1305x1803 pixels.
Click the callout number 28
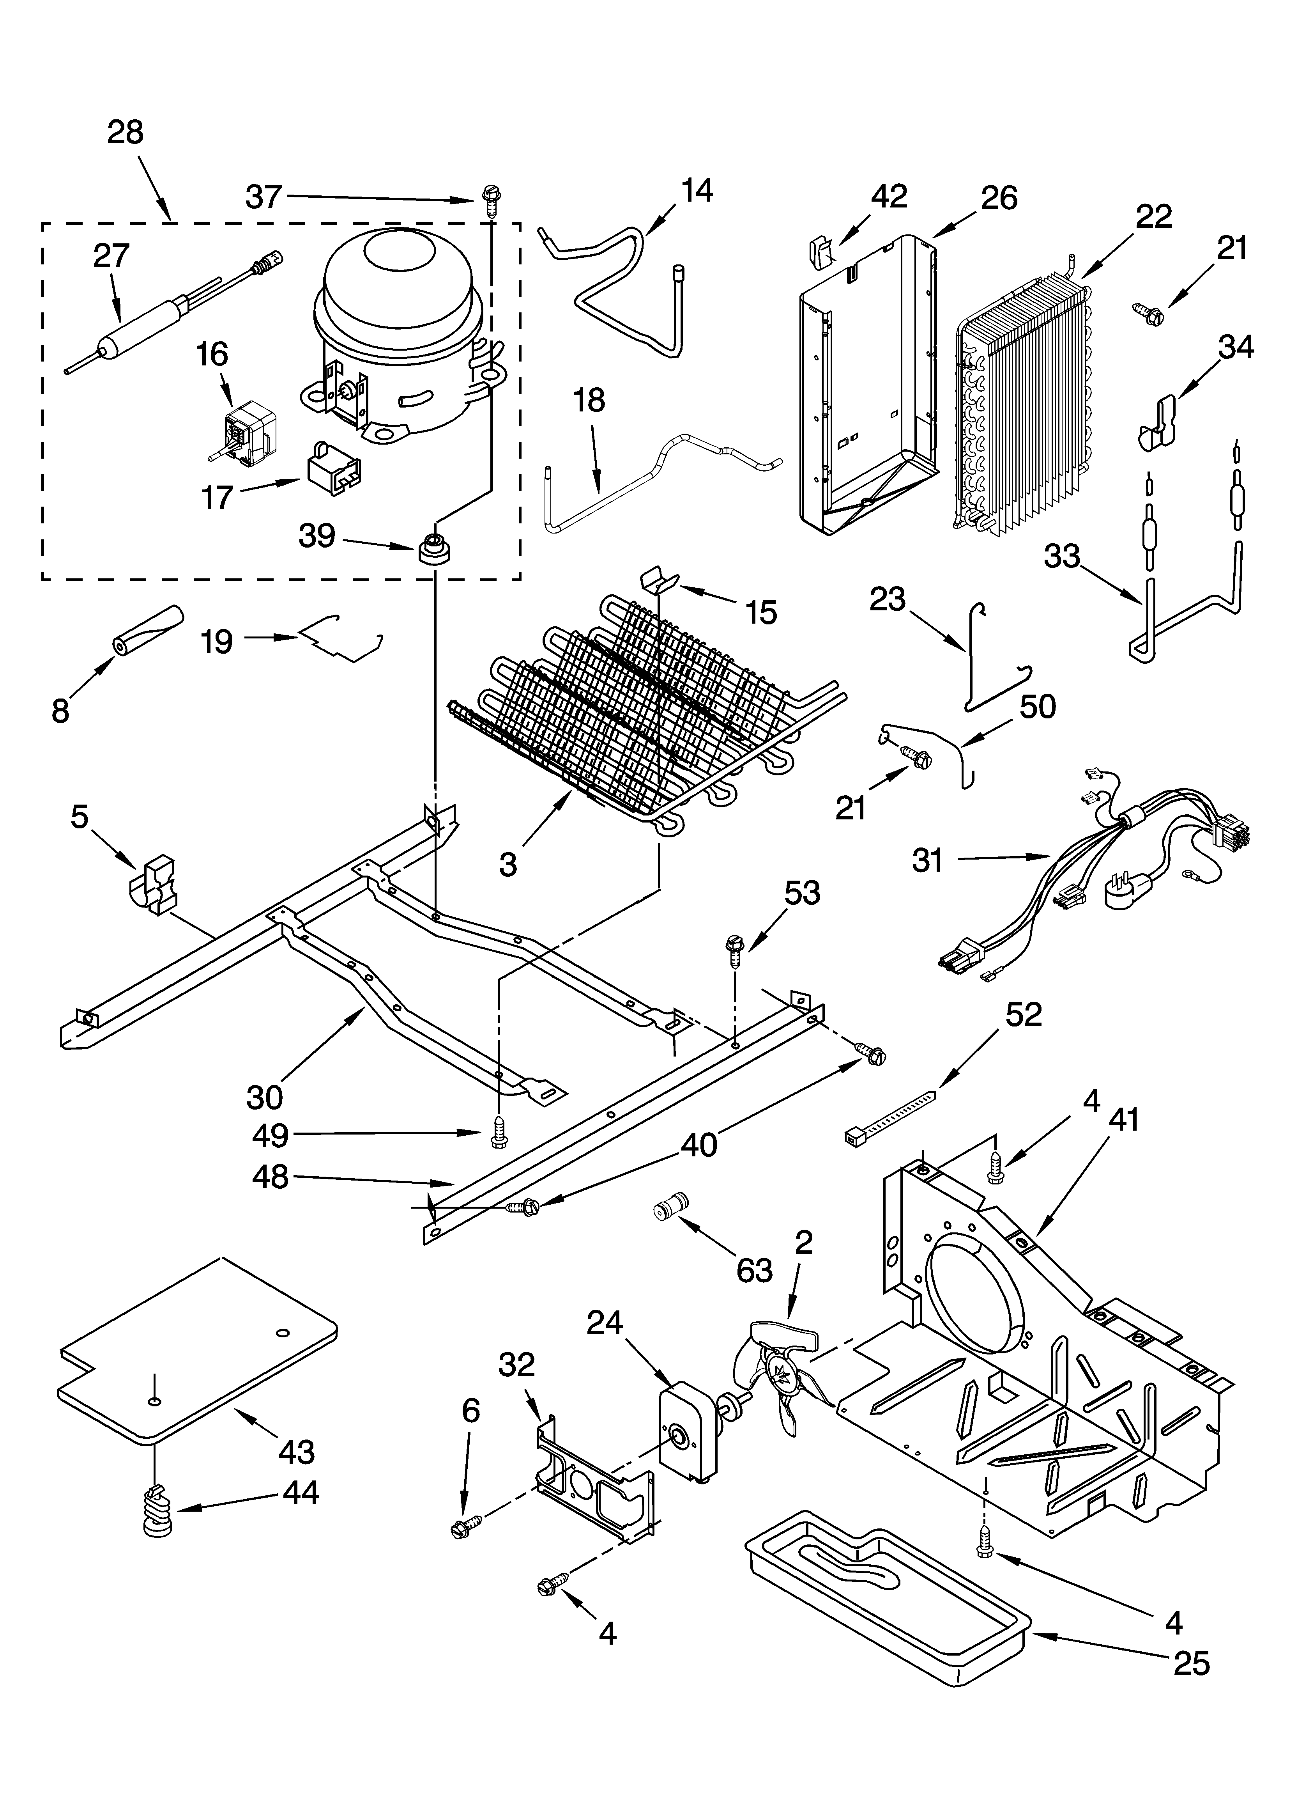(x=126, y=132)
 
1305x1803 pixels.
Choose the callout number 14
(x=696, y=191)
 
